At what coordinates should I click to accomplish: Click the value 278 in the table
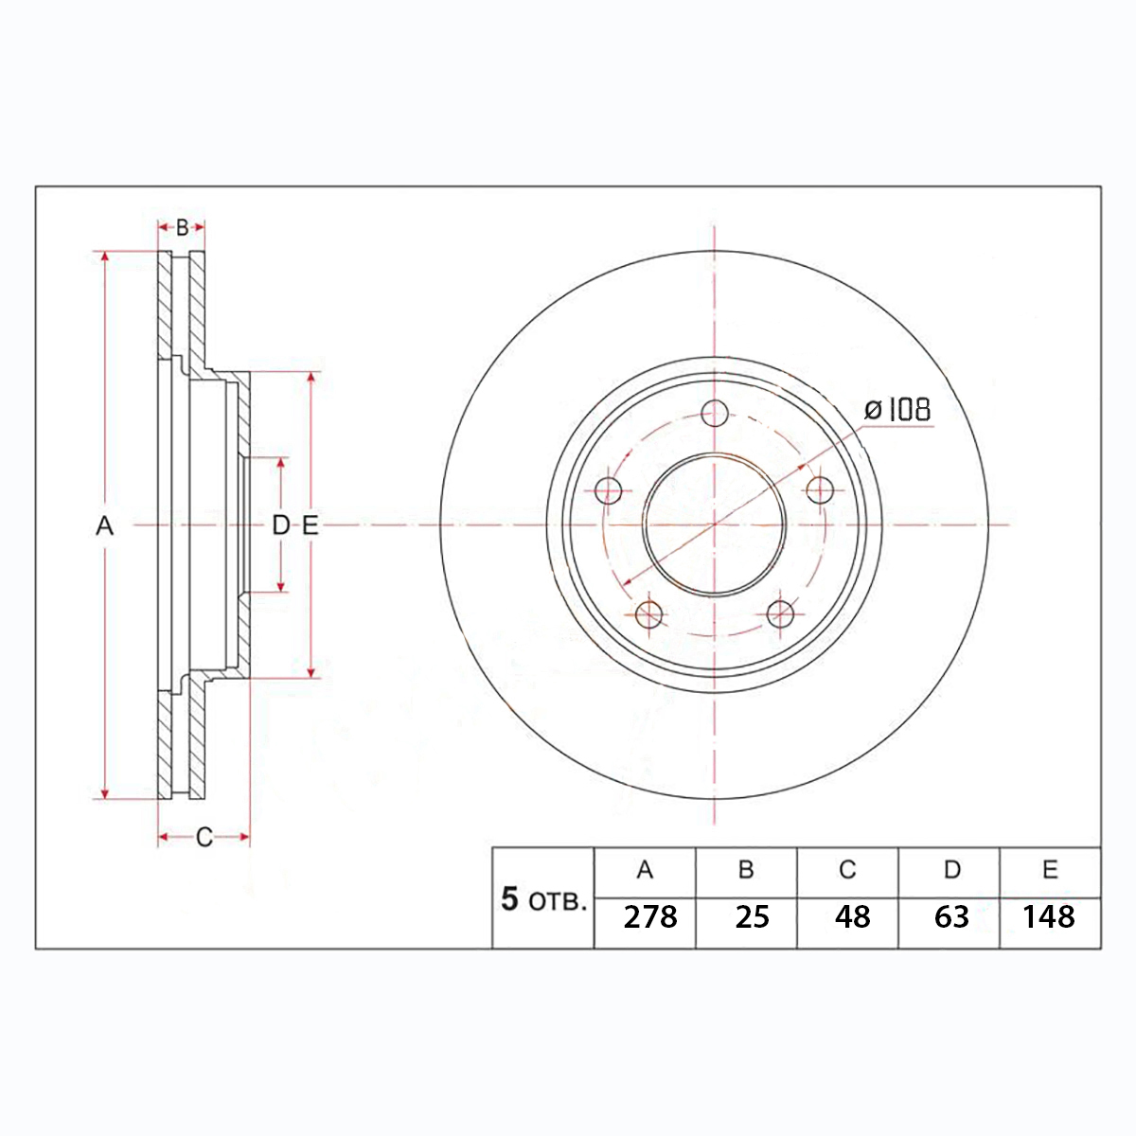click(650, 917)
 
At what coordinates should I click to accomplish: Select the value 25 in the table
click(753, 917)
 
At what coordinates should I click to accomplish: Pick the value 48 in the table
click(852, 917)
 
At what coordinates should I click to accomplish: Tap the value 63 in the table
click(952, 917)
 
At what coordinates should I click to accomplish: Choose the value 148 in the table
click(1049, 917)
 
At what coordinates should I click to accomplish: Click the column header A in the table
click(645, 870)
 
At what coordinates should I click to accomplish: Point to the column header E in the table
click(1050, 870)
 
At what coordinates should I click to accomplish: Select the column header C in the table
click(847, 870)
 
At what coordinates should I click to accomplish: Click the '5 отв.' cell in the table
click(543, 900)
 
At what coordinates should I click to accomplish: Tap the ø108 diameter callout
click(897, 410)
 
